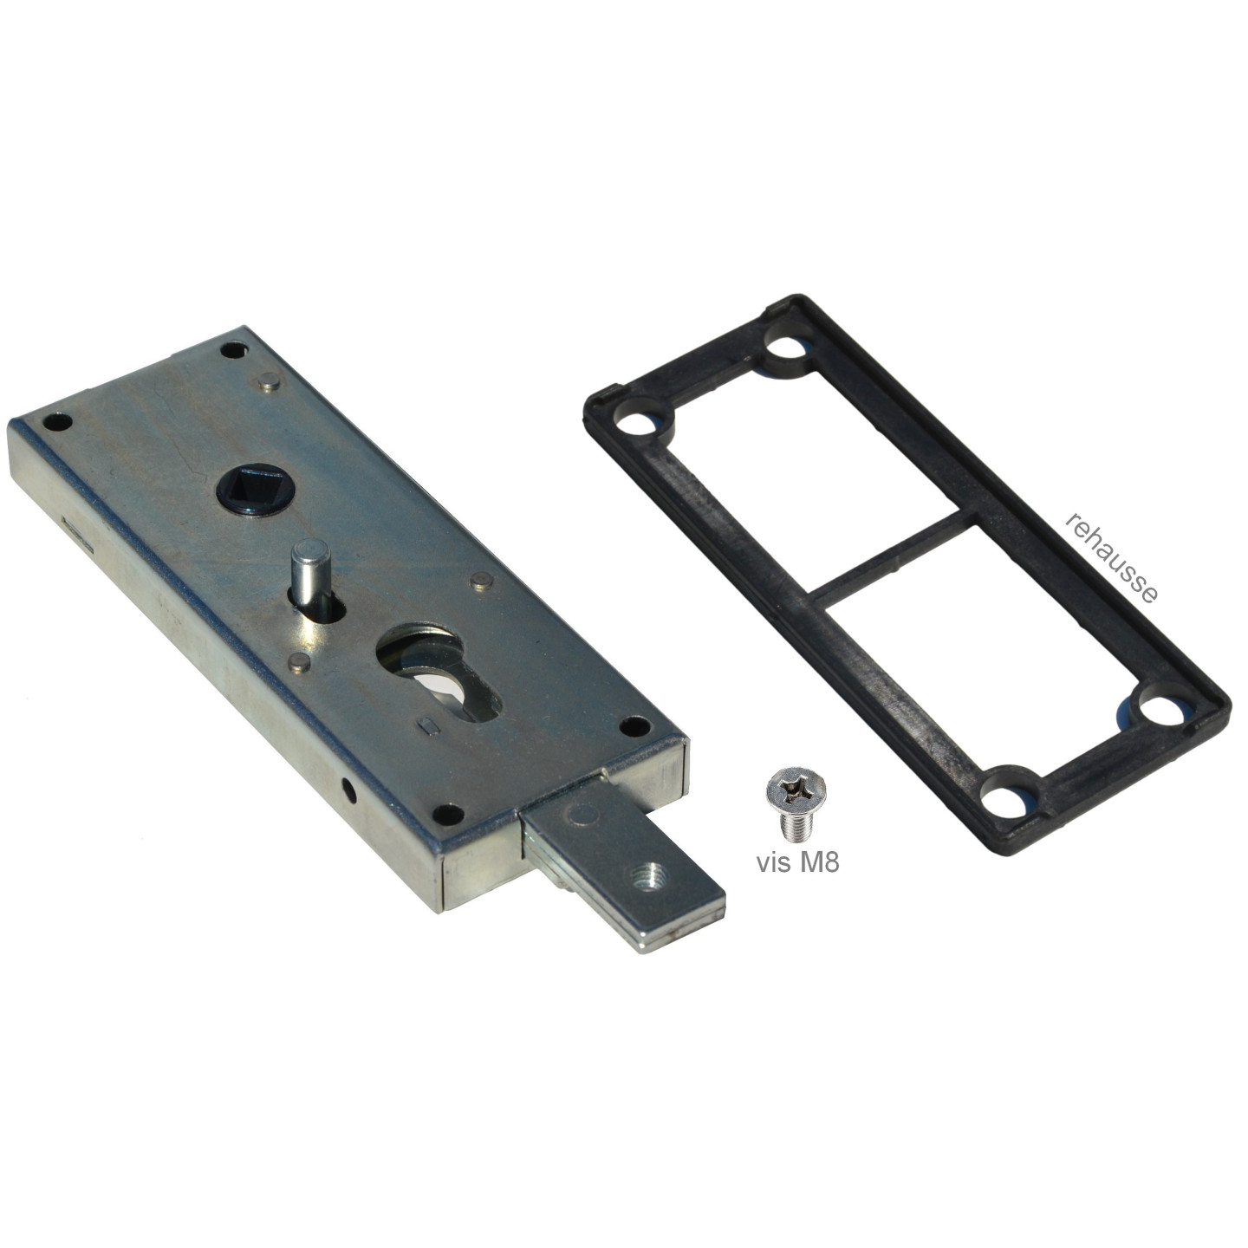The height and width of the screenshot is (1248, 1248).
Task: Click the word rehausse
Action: pos(1111,558)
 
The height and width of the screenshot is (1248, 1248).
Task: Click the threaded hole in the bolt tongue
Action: pos(645,878)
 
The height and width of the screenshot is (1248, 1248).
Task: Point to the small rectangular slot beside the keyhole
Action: pos(427,725)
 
